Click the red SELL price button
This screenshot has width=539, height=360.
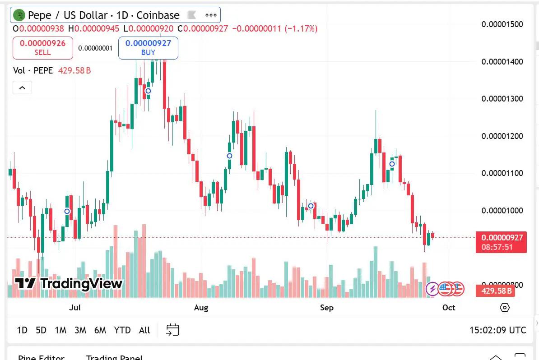tap(43, 48)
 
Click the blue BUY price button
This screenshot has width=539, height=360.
tap(148, 48)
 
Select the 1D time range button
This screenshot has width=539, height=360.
tap(22, 330)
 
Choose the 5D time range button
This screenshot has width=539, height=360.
tap(41, 330)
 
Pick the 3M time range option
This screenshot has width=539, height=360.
tap(80, 330)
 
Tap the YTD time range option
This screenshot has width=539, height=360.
tap(122, 330)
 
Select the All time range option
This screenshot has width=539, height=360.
tap(144, 330)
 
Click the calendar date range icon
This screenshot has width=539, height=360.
tap(173, 330)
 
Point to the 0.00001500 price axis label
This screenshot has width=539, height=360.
tap(502, 24)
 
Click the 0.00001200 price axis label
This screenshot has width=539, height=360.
tap(502, 136)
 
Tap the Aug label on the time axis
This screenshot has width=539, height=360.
tap(201, 308)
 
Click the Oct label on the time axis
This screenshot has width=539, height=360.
tap(449, 308)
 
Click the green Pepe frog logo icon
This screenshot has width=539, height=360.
tap(19, 15)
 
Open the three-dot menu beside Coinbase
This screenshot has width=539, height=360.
tap(211, 15)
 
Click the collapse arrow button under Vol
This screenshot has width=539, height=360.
tap(22, 88)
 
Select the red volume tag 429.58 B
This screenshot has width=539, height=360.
tap(495, 291)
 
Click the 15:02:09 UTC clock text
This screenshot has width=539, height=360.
tap(497, 330)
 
